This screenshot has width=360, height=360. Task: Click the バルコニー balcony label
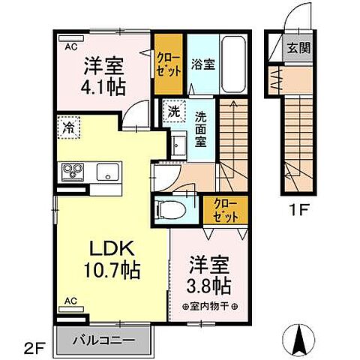pos(104,340)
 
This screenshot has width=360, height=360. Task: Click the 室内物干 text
pos(211,306)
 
